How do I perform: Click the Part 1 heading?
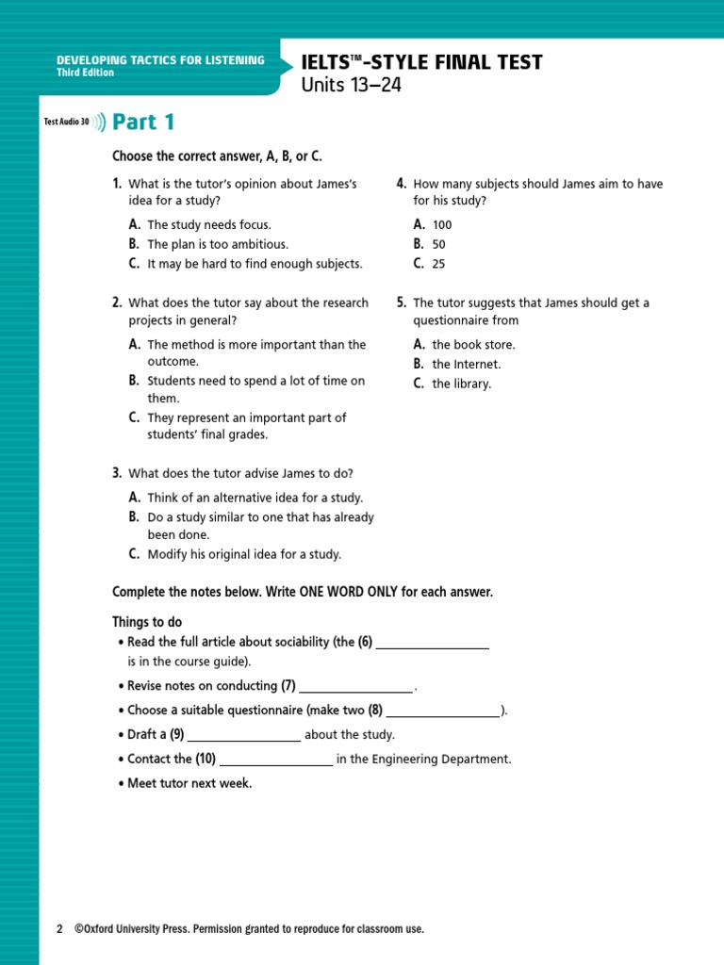pos(143,123)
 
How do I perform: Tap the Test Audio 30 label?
pos(66,123)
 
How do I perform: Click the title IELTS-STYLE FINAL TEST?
pos(421,63)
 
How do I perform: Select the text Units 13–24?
pos(344,86)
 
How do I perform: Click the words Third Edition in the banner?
pos(85,73)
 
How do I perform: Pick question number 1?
pos(117,184)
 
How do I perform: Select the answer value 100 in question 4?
pos(442,225)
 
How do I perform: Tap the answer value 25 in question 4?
pos(438,265)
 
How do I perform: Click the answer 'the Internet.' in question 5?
pos(466,365)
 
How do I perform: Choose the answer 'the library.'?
pos(461,384)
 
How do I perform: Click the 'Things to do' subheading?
pos(147,622)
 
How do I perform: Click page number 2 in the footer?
pos(59,929)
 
